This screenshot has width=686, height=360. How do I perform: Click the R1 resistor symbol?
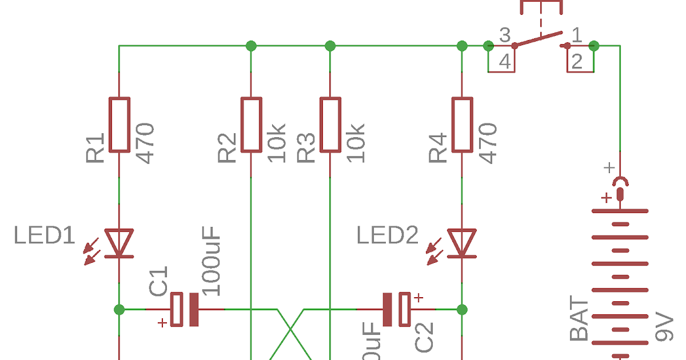coord(119,125)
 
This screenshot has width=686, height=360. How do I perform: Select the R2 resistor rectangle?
coord(251,125)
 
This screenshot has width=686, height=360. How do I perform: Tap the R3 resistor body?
coord(330,125)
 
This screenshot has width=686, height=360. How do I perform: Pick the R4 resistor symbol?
coord(462,125)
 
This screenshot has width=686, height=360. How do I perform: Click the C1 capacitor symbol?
coord(185,309)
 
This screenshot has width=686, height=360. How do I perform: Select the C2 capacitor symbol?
coord(396,309)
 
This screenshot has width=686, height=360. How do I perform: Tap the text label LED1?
coord(45,235)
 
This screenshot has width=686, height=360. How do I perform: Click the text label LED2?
coord(388,235)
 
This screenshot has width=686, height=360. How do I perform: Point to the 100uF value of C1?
coord(211,261)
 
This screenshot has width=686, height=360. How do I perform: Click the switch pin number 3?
coord(505,35)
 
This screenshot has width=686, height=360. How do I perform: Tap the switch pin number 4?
coord(505,62)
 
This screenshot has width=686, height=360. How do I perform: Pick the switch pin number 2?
coord(577,62)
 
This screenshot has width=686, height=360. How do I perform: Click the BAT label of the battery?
coord(579,320)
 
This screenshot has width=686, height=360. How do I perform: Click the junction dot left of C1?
coord(119,309)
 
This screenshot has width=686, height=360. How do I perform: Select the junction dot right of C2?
coord(462,309)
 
